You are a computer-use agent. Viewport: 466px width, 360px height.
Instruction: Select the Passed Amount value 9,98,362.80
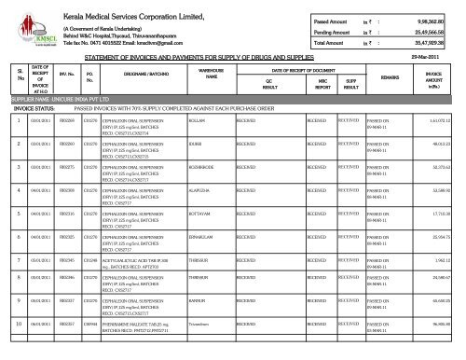click(x=432, y=20)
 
